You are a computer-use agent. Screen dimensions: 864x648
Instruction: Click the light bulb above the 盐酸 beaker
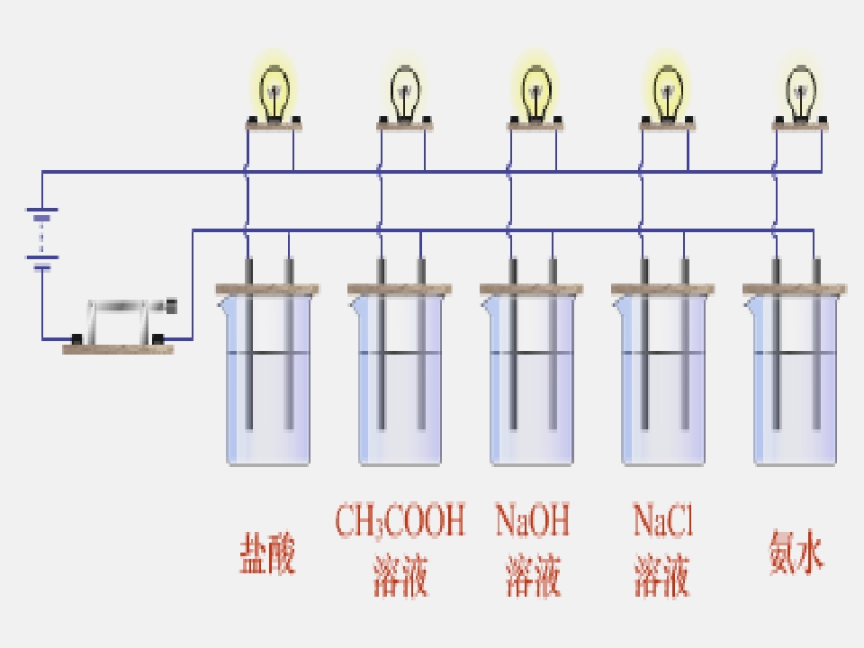274,93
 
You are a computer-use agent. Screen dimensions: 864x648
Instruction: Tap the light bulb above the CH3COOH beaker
406,93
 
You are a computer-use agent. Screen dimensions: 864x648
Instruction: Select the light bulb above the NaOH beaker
536,93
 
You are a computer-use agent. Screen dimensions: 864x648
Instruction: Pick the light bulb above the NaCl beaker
668,93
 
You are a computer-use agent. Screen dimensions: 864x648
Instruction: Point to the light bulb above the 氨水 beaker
801,93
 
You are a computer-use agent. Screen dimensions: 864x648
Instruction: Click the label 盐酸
268,553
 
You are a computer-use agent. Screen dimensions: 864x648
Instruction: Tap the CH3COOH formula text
400,520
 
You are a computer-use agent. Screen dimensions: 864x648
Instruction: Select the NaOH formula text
532,519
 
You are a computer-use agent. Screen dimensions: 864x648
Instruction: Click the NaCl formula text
662,519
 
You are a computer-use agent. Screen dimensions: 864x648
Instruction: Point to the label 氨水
796,552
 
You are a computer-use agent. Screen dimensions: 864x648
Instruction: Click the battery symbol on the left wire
42,239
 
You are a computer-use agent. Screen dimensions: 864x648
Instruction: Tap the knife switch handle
131,306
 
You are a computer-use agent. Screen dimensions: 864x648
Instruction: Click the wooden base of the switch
118,349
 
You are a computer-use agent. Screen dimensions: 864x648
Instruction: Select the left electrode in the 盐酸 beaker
248,344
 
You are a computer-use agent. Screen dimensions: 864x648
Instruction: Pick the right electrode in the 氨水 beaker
816,344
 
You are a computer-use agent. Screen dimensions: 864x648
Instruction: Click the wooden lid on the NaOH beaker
532,289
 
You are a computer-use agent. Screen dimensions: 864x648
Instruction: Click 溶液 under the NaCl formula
661,576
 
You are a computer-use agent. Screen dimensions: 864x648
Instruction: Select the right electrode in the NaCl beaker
685,344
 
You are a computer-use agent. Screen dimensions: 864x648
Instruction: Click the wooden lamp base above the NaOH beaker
535,126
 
